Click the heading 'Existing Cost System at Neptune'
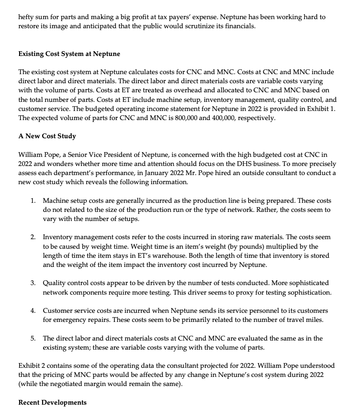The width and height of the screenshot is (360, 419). click(69, 53)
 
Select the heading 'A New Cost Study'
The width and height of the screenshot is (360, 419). click(47, 136)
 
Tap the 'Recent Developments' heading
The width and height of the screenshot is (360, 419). click(52, 402)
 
